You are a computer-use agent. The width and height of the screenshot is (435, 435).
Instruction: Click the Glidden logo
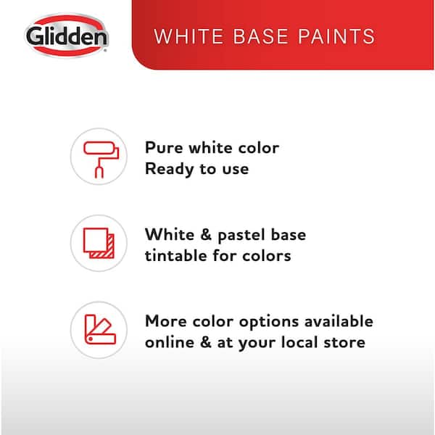[67, 36]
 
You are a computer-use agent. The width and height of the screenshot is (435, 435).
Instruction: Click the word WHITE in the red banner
[188, 36]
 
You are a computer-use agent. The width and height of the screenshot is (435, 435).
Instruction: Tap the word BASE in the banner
[261, 36]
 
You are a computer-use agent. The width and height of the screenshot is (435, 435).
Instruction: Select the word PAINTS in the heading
[336, 36]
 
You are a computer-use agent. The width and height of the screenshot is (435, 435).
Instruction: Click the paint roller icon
[101, 159]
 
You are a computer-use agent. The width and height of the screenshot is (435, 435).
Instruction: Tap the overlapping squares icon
[99, 243]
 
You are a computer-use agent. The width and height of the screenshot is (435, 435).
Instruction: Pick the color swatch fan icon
[100, 330]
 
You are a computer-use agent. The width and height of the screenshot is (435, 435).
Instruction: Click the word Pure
[164, 147]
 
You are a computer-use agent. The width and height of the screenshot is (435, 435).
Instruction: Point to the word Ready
[169, 169]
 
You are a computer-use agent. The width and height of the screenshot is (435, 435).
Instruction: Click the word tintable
[176, 255]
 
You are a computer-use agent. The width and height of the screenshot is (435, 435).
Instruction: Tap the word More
[166, 321]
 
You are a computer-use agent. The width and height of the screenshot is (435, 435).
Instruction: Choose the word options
[269, 322]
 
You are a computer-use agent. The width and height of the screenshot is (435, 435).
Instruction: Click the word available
[339, 321]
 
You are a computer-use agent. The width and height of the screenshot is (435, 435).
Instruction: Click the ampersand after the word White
[206, 234]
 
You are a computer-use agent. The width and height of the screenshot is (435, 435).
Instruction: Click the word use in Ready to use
[235, 169]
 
